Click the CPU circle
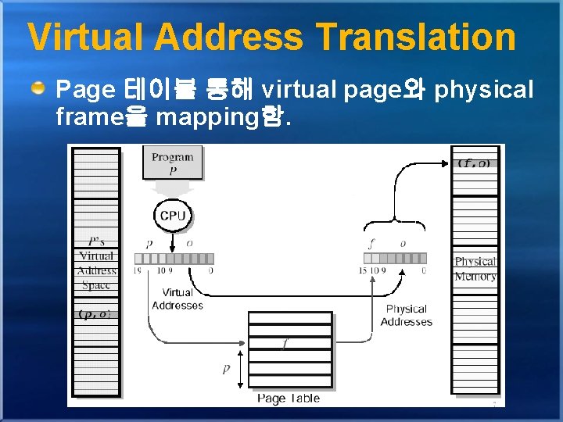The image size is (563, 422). (x=172, y=215)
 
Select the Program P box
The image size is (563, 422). (x=172, y=163)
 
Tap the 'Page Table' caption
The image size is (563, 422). (x=289, y=399)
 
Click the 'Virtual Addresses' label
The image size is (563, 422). (x=178, y=299)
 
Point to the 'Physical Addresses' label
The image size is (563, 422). (x=406, y=315)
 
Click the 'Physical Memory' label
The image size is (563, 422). (x=475, y=269)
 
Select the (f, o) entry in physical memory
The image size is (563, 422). (x=475, y=163)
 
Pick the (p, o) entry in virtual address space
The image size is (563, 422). (x=96, y=314)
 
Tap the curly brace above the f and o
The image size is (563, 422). (x=396, y=224)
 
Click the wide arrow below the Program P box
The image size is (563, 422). (x=172, y=189)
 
